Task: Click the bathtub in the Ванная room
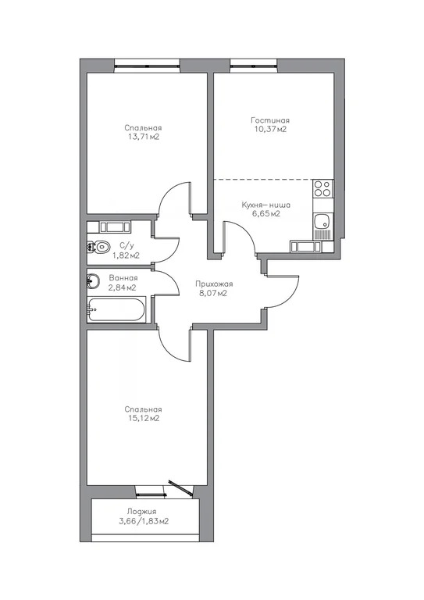[116, 309]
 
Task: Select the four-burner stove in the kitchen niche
[322, 189]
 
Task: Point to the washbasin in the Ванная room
[93, 280]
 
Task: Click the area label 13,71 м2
[143, 137]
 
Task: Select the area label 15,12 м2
[143, 418]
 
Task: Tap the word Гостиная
[270, 120]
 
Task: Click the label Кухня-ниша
[265, 204]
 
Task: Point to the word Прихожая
[214, 284]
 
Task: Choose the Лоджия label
[143, 512]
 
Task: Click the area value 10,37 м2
[270, 130]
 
